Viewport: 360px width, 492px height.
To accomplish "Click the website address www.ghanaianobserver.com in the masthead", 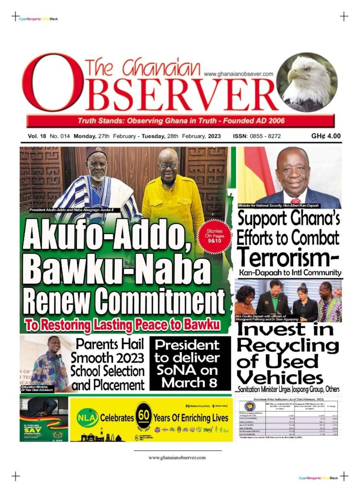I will pyautogui.click(x=238, y=74).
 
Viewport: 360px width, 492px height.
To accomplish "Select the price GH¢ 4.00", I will pyautogui.click(x=326, y=136).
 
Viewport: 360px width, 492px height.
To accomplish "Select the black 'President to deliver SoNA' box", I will pyautogui.click(x=190, y=364).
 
